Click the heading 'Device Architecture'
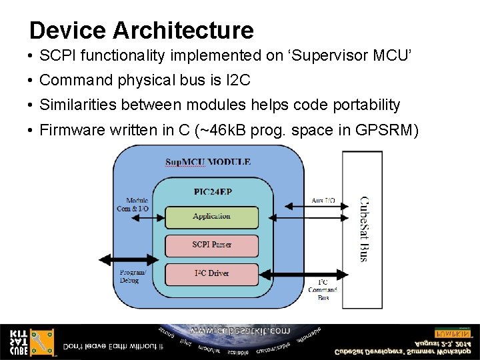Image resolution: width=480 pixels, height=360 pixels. [x=141, y=31]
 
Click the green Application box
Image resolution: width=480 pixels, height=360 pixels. [x=211, y=217]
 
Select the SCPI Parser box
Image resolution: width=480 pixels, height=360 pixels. [x=211, y=245]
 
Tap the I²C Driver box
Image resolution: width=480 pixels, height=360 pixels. [x=211, y=273]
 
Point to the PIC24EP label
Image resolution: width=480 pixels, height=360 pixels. [x=212, y=192]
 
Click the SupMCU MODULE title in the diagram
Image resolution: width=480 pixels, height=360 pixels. [x=208, y=162]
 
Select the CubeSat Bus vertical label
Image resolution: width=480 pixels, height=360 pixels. [x=363, y=229]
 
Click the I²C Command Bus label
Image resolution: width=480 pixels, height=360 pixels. [x=323, y=289]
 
